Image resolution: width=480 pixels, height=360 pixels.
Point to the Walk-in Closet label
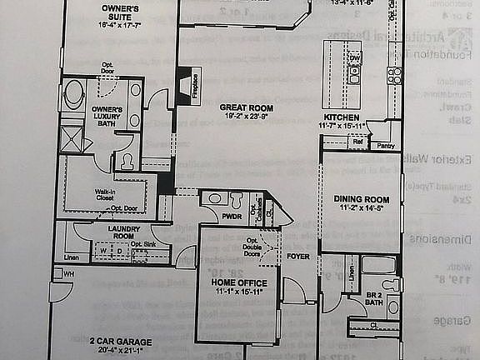pos(104,194)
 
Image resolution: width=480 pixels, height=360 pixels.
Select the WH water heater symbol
pos(69,273)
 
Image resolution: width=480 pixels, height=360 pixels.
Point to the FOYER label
pos(298,257)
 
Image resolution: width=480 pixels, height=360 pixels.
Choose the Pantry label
pos(385,146)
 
